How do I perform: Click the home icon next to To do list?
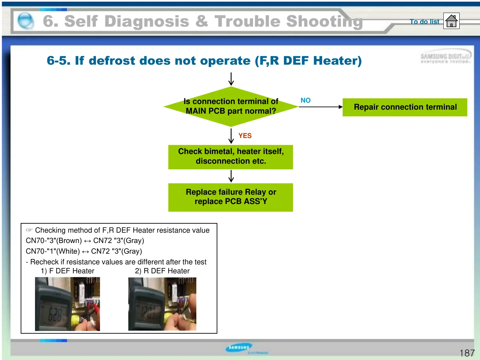pos(451,21)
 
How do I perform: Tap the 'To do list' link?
pos(424,22)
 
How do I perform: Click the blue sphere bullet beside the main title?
pos(25,21)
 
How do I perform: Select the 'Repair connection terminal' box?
pos(405,107)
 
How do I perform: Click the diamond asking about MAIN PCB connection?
pos(231,107)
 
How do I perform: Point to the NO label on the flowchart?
pos(305,100)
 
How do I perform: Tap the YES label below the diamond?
pos(245,136)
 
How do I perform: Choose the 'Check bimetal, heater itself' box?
pos(231,157)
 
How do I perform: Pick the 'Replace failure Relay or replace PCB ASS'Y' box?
pos(231,197)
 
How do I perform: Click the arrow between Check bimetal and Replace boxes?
pos(231,176)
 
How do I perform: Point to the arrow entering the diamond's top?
pos(231,79)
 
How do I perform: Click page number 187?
pos(467,353)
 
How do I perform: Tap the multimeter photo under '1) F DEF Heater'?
pos(67,304)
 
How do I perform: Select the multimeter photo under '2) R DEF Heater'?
pos(162,304)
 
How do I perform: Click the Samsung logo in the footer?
pos(239,348)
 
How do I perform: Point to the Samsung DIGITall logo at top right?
pos(446,58)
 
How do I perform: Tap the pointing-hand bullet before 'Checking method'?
pos(29,230)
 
